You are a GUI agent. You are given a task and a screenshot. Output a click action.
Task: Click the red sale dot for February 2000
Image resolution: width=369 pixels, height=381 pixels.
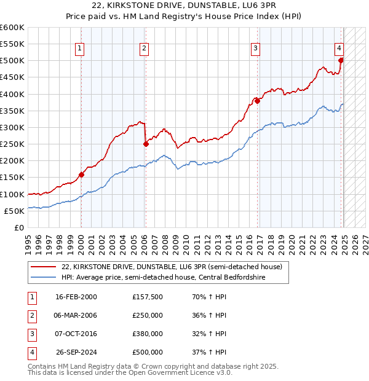tap(81, 175)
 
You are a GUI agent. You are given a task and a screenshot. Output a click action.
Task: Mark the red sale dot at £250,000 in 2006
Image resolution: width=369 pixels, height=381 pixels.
tap(146, 144)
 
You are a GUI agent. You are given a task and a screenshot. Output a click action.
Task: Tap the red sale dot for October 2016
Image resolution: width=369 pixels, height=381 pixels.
tap(258, 101)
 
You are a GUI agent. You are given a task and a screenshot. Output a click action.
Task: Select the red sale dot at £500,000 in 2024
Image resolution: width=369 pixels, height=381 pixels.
tap(341, 60)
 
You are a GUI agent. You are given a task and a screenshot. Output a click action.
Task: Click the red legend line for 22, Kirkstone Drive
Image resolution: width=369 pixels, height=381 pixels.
tap(43, 267)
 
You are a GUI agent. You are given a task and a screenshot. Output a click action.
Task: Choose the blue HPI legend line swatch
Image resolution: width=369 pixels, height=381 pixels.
tap(43, 278)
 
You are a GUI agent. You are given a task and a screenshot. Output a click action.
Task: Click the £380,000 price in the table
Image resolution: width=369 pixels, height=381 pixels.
tap(148, 334)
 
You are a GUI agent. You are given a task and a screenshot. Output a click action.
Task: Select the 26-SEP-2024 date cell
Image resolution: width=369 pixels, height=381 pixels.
tap(76, 353)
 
